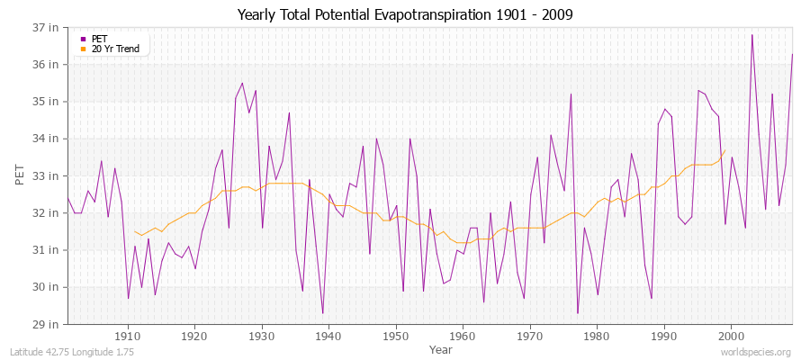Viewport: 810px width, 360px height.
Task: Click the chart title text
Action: point(404,14)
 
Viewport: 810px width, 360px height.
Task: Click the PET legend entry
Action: point(99,39)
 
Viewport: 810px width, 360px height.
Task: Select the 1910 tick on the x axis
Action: point(128,336)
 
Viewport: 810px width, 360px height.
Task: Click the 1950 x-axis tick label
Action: point(396,336)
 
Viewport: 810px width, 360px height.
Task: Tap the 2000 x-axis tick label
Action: point(731,336)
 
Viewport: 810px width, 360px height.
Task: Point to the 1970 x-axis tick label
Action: point(530,336)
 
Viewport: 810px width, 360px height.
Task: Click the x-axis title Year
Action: point(428,348)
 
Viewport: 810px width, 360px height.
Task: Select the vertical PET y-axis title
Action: point(21,175)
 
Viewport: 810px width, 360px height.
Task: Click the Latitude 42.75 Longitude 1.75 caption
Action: point(72,352)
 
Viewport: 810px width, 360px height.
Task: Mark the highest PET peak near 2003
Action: point(751,35)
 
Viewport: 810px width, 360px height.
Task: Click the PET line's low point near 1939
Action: point(322,313)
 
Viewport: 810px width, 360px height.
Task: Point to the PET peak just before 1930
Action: point(242,83)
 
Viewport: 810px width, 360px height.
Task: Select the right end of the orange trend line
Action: point(724,150)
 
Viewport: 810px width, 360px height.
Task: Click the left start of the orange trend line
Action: point(134,231)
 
